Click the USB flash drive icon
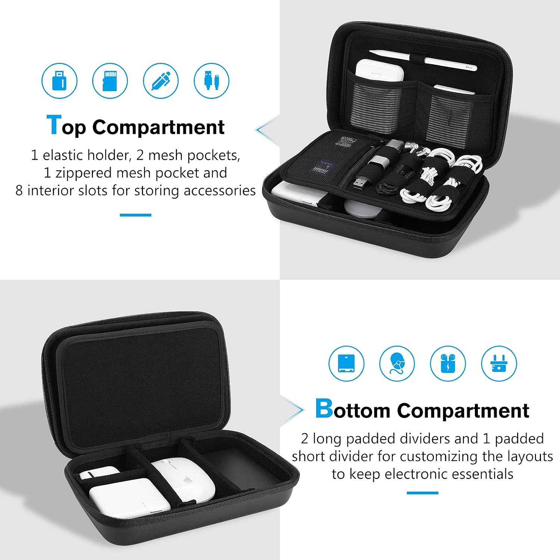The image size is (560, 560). (x=59, y=81)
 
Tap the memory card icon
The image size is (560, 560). (x=110, y=81)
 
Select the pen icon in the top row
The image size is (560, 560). (x=161, y=81)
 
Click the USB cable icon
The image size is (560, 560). (x=212, y=81)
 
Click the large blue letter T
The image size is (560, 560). (x=54, y=125)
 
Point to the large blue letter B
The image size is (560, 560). (x=324, y=408)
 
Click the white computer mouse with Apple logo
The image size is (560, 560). (x=184, y=480)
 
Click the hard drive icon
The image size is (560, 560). (x=347, y=364)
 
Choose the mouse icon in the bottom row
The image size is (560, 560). (x=397, y=364)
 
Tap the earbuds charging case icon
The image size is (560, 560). (x=448, y=364)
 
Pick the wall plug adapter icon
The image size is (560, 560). (x=499, y=364)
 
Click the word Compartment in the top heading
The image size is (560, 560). (x=158, y=128)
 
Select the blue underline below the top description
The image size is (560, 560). (x=136, y=215)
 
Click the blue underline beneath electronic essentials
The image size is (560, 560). (x=422, y=493)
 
